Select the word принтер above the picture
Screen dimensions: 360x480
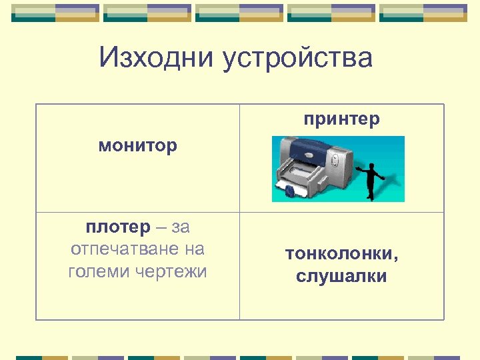pyautogui.click(x=341, y=119)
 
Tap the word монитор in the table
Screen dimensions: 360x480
pyautogui.click(x=138, y=146)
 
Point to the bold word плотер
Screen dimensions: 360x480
pyautogui.click(x=118, y=227)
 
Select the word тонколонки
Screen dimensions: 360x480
pyautogui.click(x=339, y=254)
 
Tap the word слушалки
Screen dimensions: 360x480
pyautogui.click(x=341, y=277)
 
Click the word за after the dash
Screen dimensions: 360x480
pyautogui.click(x=181, y=227)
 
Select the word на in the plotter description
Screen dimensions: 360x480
pyautogui.click(x=195, y=249)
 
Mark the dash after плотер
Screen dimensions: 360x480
pyautogui.click(x=161, y=228)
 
